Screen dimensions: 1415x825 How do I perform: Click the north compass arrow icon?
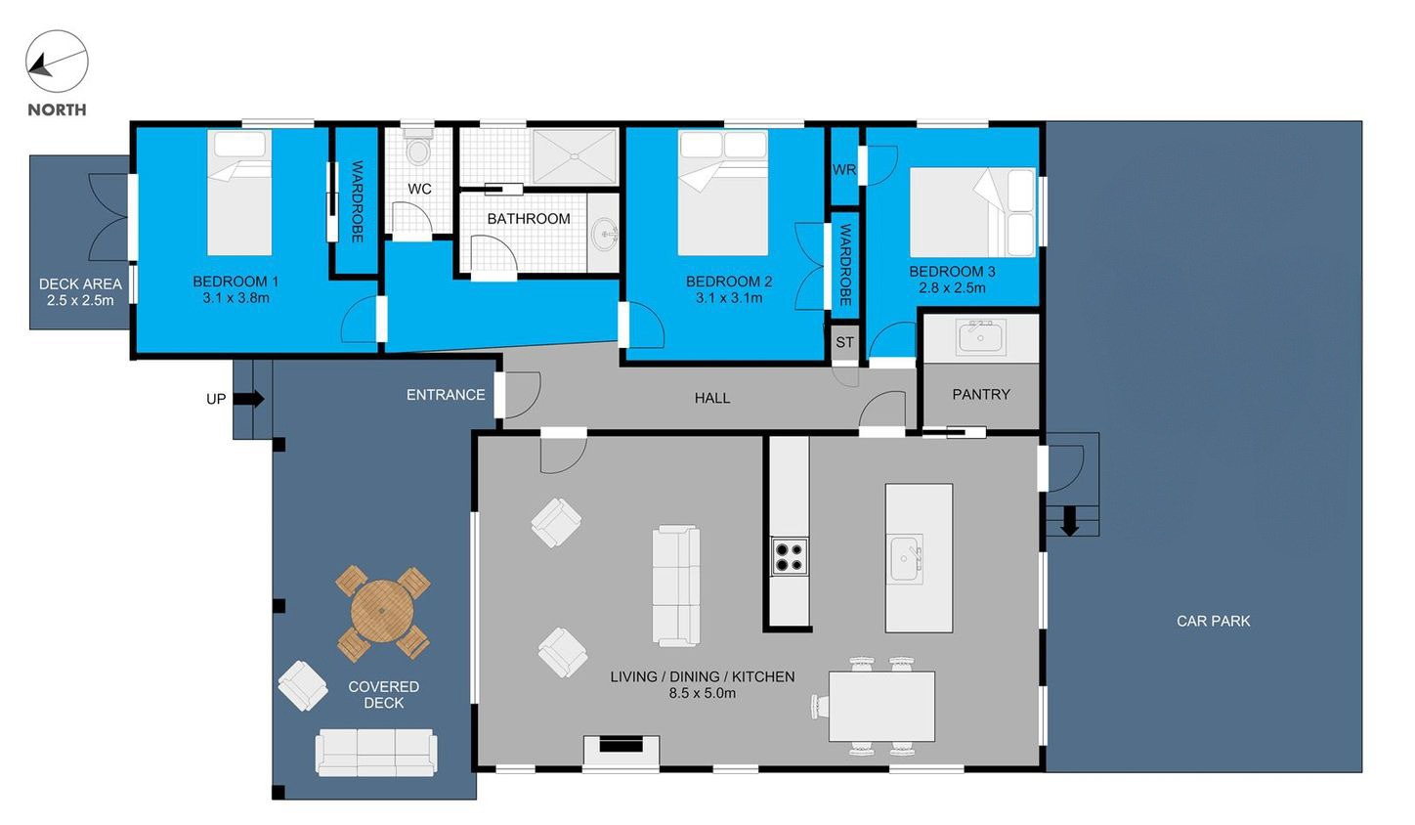click(57, 62)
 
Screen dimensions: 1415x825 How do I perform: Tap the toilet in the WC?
click(417, 148)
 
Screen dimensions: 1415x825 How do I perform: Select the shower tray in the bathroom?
click(575, 156)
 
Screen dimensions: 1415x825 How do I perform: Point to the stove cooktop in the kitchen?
click(789, 556)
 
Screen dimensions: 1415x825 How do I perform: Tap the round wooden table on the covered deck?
click(382, 612)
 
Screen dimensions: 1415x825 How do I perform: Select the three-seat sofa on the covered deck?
click(376, 753)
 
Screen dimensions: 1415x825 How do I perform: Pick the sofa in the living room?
click(676, 586)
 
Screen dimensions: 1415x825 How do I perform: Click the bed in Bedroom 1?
click(239, 193)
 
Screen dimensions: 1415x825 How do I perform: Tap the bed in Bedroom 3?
click(972, 212)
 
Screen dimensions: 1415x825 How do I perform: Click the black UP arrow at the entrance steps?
click(248, 399)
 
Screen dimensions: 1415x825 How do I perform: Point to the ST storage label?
click(844, 342)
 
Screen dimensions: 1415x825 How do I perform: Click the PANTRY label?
click(981, 394)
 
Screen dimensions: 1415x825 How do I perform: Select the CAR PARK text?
click(1213, 621)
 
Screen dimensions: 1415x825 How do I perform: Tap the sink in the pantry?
click(980, 336)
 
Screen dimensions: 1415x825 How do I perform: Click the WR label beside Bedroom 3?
click(844, 170)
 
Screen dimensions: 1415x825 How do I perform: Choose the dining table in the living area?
click(881, 707)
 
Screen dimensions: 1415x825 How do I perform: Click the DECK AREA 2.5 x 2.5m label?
click(80, 292)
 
